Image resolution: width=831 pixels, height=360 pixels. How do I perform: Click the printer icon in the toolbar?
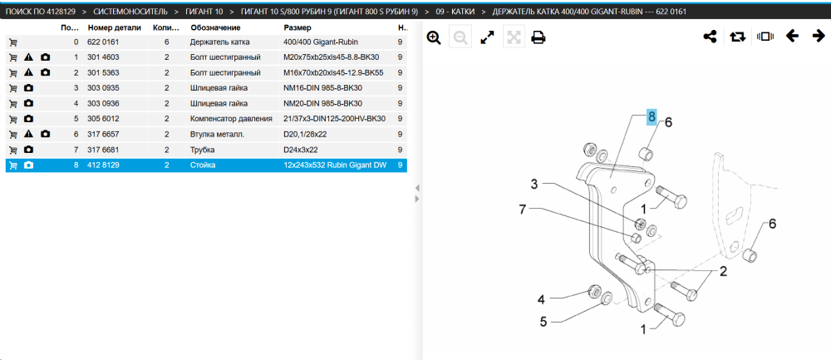[x=538, y=37]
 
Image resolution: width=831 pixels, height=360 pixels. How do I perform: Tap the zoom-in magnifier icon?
[x=434, y=37]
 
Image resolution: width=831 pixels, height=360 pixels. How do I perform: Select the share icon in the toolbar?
[x=710, y=37]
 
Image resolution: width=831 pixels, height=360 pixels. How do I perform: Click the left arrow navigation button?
[x=792, y=36]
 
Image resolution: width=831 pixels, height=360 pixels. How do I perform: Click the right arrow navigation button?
[x=819, y=36]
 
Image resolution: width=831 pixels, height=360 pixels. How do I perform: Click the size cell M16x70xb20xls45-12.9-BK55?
[x=333, y=72]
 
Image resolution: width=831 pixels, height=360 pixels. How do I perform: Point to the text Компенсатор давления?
[x=231, y=119]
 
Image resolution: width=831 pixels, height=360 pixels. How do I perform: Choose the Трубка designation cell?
[x=202, y=150]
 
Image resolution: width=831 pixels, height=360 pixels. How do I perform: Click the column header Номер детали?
[x=114, y=27]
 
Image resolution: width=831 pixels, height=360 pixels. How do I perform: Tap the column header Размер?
[x=297, y=27]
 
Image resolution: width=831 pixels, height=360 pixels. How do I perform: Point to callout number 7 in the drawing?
[x=522, y=210]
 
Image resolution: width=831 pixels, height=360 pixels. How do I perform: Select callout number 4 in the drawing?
[x=541, y=300]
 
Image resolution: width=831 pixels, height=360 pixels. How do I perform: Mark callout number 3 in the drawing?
[x=534, y=184]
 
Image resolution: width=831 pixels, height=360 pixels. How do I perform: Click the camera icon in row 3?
[x=28, y=88]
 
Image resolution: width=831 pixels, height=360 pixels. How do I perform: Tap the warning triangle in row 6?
[x=28, y=134]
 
